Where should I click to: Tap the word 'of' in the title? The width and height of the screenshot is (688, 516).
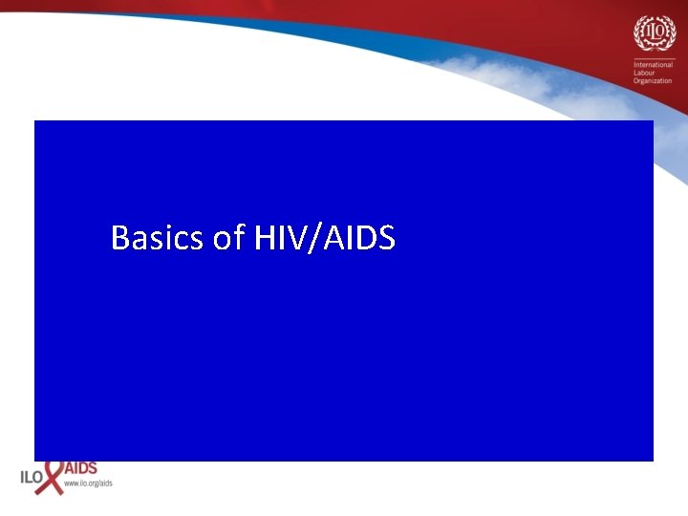tap(229, 237)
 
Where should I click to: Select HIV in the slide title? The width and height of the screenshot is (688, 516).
tap(277, 237)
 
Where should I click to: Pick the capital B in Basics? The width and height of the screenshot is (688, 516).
tap(119, 237)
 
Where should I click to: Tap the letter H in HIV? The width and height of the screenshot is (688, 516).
tap(264, 237)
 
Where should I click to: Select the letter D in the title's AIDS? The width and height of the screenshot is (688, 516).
tap(368, 237)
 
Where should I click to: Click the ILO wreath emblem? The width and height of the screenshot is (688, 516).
tap(654, 34)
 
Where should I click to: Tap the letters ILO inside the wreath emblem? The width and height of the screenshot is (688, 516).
tap(654, 33)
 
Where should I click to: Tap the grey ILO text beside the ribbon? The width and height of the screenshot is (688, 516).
tap(31, 476)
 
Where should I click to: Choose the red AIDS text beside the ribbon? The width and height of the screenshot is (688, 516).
tap(80, 469)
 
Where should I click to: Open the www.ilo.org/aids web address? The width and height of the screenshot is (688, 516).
tap(88, 484)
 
